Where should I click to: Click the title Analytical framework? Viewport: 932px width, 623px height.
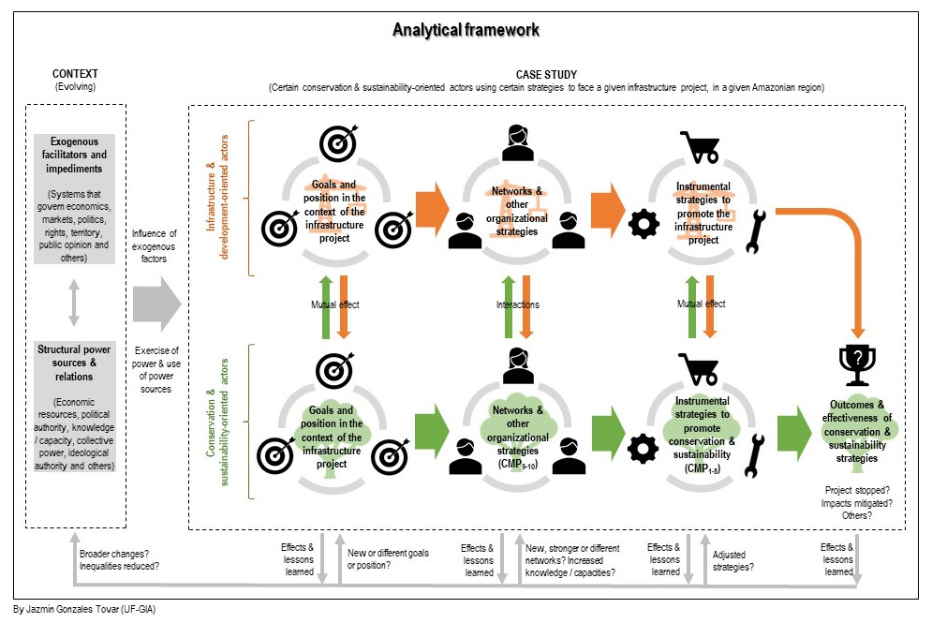click(x=466, y=30)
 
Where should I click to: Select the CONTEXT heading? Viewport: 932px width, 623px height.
click(x=75, y=74)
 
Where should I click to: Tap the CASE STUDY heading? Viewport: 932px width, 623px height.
click(x=546, y=74)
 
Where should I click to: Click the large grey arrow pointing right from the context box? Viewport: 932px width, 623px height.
click(x=155, y=304)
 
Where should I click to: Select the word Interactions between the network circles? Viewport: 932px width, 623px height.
click(x=517, y=304)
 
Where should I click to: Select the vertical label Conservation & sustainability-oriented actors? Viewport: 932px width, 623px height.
click(x=217, y=422)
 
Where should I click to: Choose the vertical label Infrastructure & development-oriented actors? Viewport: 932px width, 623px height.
click(x=217, y=198)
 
